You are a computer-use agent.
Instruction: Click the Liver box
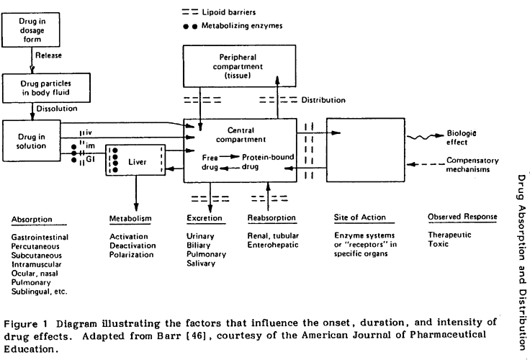(136, 162)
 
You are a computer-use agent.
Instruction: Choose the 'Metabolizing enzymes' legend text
(249, 27)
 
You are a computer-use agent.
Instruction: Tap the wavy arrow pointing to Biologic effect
(423, 137)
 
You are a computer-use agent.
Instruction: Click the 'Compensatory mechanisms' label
(470, 165)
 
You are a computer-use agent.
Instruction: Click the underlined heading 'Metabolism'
(130, 217)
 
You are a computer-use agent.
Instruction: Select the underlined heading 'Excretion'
(204, 217)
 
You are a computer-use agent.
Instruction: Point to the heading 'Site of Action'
(360, 217)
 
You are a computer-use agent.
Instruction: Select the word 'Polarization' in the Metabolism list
(132, 254)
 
